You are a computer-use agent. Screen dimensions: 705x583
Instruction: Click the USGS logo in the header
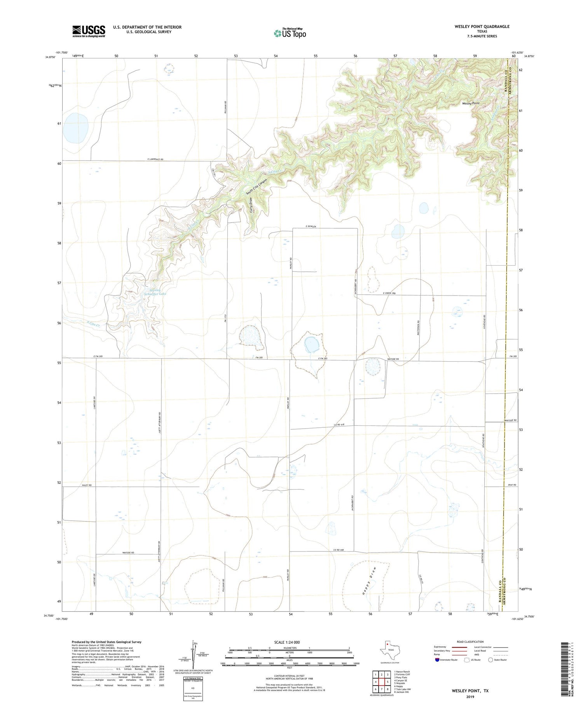89,31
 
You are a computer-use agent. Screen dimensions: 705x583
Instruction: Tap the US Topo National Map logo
290,33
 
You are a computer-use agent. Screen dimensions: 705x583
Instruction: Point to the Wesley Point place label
470,103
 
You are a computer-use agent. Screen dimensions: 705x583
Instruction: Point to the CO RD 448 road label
339,550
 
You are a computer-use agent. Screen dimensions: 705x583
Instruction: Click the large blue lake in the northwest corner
76,128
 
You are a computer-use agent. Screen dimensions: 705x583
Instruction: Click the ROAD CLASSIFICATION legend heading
470,642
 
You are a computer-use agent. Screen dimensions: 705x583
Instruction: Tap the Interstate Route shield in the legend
438,660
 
